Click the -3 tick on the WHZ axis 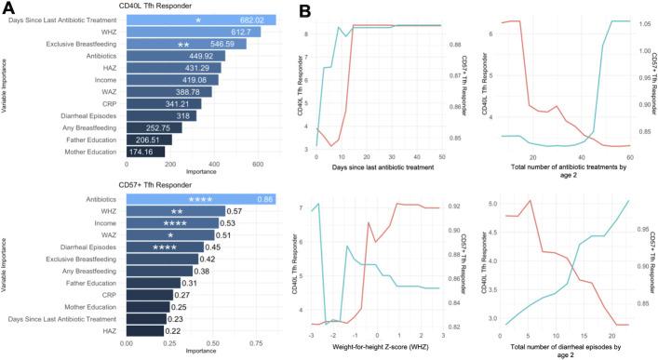316,334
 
